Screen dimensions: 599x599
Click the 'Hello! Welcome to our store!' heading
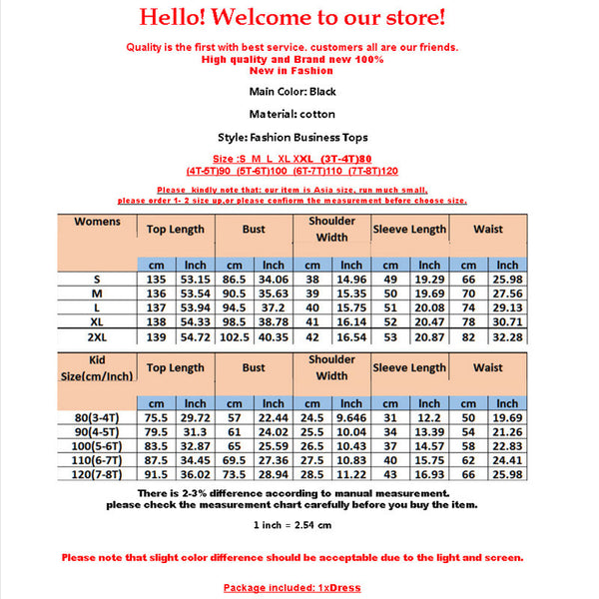[x=292, y=18]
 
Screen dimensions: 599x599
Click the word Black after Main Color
[x=322, y=92]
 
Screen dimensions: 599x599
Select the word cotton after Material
[x=316, y=115]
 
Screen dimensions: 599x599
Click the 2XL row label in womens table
[x=98, y=339]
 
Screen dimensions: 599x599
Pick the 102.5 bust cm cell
[x=235, y=339]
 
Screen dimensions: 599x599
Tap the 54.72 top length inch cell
[x=196, y=339]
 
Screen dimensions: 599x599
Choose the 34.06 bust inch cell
[x=274, y=281]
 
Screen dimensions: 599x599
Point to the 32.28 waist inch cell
[x=507, y=339]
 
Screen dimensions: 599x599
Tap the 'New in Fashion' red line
[x=292, y=71]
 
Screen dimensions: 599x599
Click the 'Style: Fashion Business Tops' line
[x=292, y=138]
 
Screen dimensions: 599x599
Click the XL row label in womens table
[x=98, y=324]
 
